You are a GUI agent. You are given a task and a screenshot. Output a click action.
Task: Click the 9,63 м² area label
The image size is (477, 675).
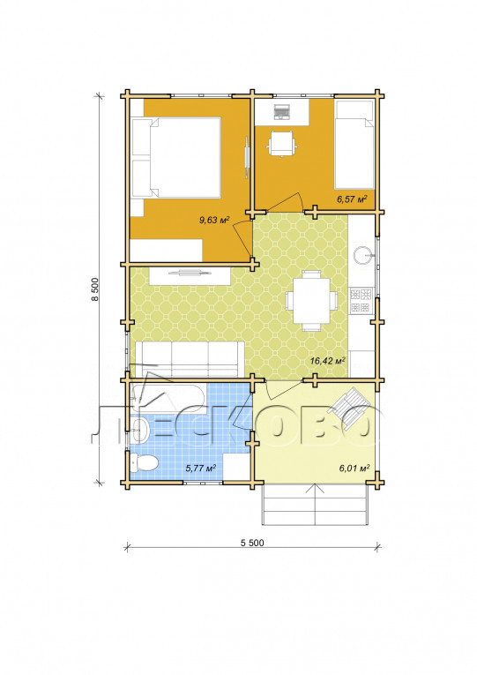tap(213, 221)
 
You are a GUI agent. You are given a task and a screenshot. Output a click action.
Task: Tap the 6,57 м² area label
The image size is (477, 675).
tap(352, 199)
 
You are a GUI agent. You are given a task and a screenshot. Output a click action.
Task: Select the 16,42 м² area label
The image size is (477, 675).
tap(328, 360)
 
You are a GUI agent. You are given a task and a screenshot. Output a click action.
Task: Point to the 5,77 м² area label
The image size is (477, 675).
tap(200, 468)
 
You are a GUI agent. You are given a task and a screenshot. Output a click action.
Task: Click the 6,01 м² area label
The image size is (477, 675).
tap(354, 468)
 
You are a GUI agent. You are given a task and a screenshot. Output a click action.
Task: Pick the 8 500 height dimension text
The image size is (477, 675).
tap(95, 289)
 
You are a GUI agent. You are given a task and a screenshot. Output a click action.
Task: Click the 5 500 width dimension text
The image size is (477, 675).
tap(252, 543)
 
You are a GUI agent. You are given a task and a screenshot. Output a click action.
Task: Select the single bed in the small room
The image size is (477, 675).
tap(354, 145)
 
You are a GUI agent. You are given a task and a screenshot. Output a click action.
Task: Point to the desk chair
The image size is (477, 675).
tap(282, 144)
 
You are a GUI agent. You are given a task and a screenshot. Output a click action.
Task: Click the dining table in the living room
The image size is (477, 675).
tap(312, 301)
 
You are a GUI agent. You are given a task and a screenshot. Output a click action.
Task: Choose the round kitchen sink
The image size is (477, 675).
tap(362, 255)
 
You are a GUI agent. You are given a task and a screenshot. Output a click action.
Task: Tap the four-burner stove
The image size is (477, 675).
tap(361, 301)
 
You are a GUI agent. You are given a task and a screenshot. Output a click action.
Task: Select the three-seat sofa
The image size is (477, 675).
tap(190, 358)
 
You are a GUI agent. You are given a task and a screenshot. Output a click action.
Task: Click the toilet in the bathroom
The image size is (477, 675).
tap(145, 463)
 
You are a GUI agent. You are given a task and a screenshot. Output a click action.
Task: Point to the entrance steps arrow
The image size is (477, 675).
tap(316, 503)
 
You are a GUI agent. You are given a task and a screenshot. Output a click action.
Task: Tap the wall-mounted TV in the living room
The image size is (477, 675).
tap(190, 272)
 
